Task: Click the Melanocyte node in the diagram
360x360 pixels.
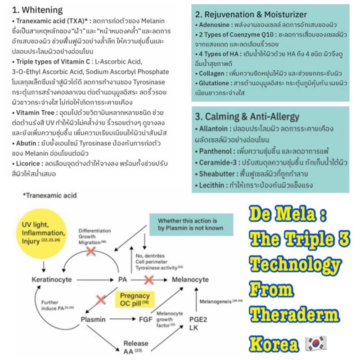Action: tap(190, 279)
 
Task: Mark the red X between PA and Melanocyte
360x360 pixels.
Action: tap(149, 279)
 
